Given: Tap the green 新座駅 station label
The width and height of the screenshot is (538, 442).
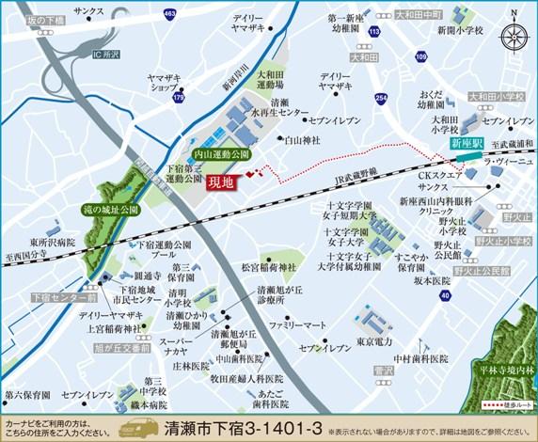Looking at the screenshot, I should [466, 144].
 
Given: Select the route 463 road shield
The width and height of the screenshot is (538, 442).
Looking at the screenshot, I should [168, 15].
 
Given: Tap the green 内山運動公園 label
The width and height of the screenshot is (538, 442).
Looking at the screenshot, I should [220, 153].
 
